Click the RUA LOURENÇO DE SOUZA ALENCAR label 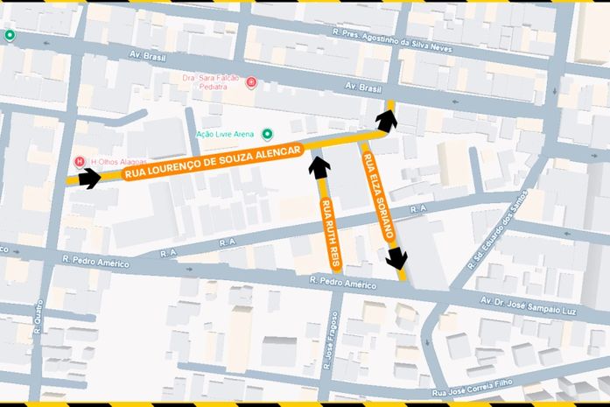[213, 163]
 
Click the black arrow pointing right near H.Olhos [89, 179]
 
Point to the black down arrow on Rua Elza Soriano [397, 258]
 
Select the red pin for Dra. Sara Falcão [252, 83]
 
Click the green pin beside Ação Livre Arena [268, 134]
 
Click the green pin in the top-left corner [10, 35]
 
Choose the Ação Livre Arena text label [225, 134]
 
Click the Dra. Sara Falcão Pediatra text [212, 82]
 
